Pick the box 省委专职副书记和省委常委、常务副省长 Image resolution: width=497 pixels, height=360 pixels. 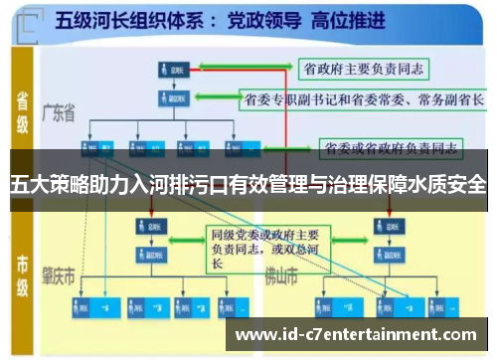[x=363, y=99]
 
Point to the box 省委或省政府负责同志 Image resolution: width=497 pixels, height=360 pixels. [x=389, y=149]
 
